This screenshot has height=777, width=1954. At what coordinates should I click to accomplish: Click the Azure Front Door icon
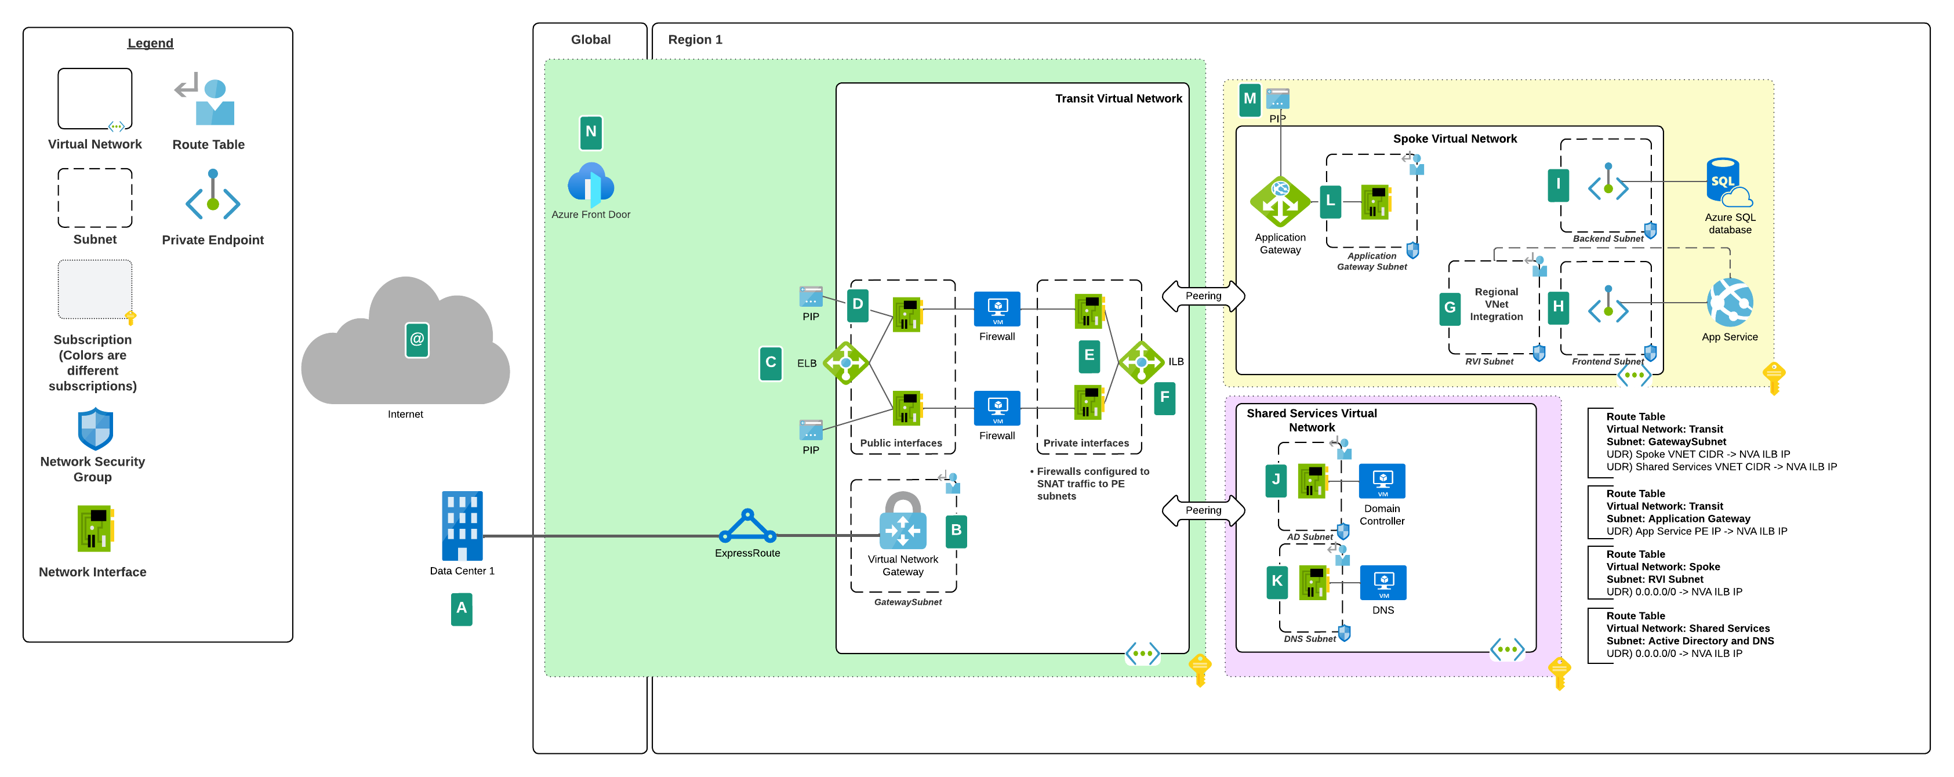coord(590,184)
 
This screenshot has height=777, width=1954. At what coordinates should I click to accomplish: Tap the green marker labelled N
coord(591,132)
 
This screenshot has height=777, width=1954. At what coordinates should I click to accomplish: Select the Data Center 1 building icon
coord(462,526)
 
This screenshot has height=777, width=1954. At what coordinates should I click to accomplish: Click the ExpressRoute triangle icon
coord(747,526)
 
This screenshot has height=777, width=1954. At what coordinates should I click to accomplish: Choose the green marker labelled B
coord(956,531)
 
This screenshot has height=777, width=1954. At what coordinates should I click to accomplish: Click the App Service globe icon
coord(1730,303)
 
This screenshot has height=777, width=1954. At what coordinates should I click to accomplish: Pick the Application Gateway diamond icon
coord(1280,202)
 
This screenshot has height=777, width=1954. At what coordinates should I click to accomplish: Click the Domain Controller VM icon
coord(1382,481)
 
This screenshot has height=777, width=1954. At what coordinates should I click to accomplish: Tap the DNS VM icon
coord(1383,583)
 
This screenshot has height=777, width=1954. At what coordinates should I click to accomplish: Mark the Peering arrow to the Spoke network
coord(1203,296)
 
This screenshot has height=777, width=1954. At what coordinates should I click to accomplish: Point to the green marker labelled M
coord(1250,99)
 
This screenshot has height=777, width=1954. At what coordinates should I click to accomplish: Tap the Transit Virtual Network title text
coord(1118,99)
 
